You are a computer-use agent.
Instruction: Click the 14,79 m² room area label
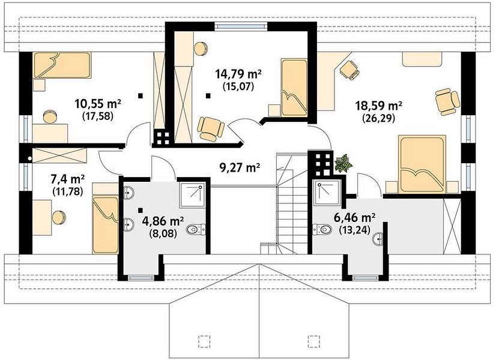pyautogui.click(x=238, y=74)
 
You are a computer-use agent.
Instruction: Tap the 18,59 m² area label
pyautogui.click(x=379, y=105)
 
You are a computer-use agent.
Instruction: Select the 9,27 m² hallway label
pyautogui.click(x=240, y=167)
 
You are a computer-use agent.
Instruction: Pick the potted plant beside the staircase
pyautogui.click(x=343, y=163)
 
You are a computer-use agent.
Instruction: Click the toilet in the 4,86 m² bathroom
pyautogui.click(x=196, y=229)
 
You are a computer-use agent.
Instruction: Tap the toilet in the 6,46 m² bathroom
pyautogui.click(x=322, y=229)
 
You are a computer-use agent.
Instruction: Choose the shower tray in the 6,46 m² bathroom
pyautogui.click(x=327, y=193)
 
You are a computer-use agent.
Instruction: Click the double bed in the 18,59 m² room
pyautogui.click(x=422, y=164)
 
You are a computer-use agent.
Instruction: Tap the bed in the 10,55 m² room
pyautogui.click(x=62, y=65)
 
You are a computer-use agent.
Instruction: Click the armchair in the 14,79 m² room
pyautogui.click(x=210, y=128)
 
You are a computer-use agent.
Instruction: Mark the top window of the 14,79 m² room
pyautogui.click(x=241, y=26)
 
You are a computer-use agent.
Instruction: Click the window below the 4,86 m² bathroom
pyautogui.click(x=141, y=278)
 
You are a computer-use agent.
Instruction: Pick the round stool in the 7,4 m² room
pyautogui.click(x=59, y=217)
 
